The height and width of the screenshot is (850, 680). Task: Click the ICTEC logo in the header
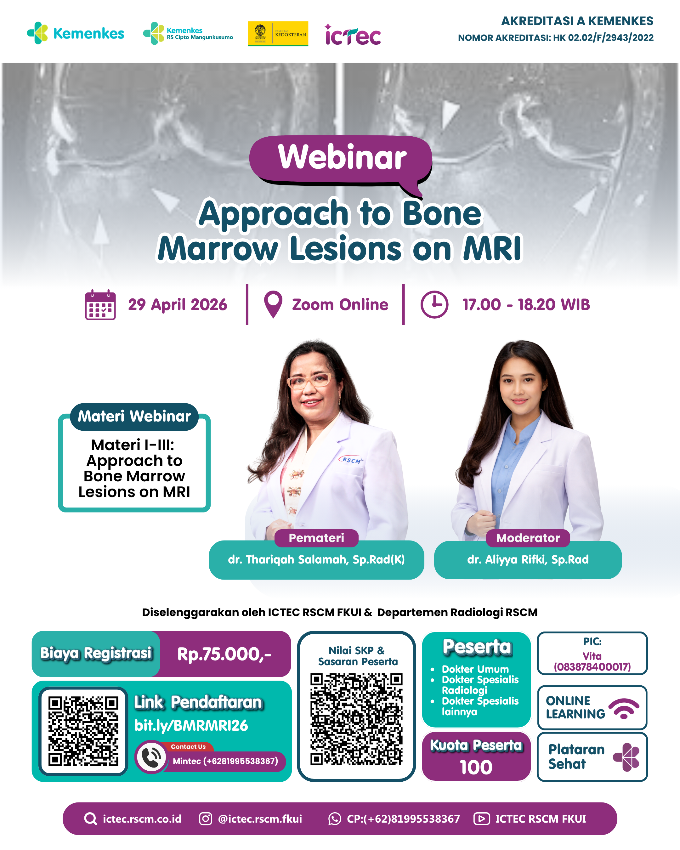[x=353, y=34]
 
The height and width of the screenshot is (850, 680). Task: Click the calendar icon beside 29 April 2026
[x=100, y=305]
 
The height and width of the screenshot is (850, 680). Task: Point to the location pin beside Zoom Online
[x=273, y=304]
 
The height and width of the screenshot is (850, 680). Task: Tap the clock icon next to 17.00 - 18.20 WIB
[x=434, y=304]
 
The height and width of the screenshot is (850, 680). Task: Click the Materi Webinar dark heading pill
[x=134, y=416]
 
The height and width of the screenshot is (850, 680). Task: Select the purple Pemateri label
[x=316, y=538]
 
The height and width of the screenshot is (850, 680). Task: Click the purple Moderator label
[x=528, y=538]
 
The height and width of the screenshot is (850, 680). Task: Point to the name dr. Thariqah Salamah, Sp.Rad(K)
[x=316, y=559]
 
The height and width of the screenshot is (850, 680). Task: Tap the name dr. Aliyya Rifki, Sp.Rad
[x=528, y=559]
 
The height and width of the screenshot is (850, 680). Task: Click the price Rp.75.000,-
[x=224, y=654]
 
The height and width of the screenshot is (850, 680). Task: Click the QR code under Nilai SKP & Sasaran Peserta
[x=356, y=719]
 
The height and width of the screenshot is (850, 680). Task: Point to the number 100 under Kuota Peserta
[x=476, y=767]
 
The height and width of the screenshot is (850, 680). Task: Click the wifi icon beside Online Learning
[x=624, y=708]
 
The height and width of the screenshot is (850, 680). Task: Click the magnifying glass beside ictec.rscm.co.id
[x=91, y=819]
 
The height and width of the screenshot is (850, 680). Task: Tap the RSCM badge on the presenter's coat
[x=351, y=460]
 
